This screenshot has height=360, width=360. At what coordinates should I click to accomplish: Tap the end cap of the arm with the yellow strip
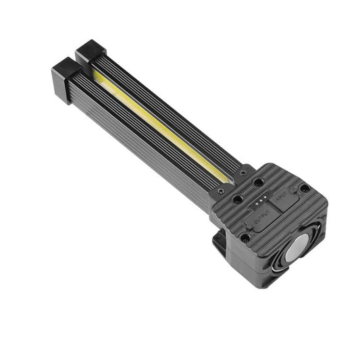click(x=88, y=52)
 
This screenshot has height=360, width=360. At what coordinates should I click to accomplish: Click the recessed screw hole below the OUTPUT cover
click(x=245, y=237)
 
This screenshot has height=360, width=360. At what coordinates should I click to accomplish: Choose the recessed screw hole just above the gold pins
click(x=259, y=182)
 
